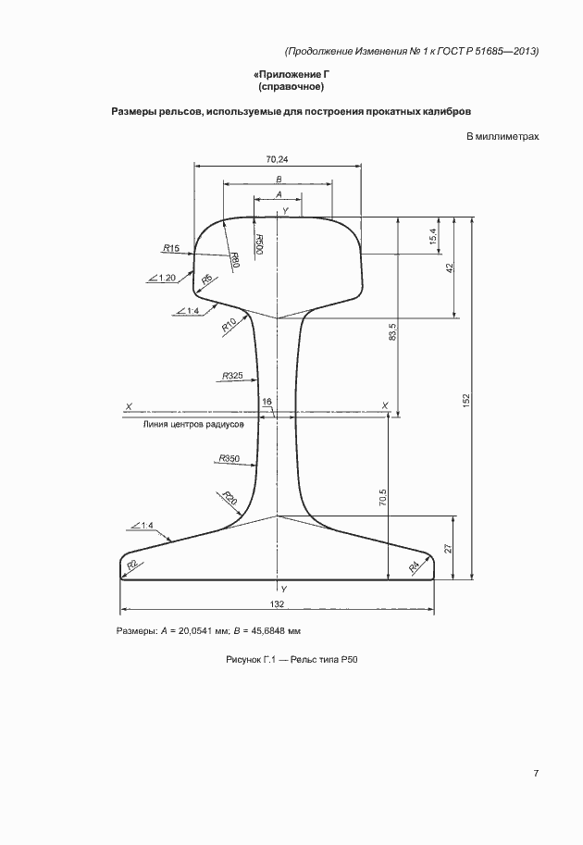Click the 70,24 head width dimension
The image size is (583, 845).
click(277, 159)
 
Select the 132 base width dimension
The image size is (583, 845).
click(277, 604)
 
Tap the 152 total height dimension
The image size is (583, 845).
click(466, 400)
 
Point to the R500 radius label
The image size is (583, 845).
click(258, 244)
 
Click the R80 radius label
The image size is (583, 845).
click(235, 261)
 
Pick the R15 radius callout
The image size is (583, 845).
click(171, 248)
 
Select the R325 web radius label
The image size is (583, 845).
click(232, 376)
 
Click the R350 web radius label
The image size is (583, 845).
click(229, 459)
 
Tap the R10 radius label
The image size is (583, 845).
click(229, 326)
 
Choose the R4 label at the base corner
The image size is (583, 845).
click(414, 566)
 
